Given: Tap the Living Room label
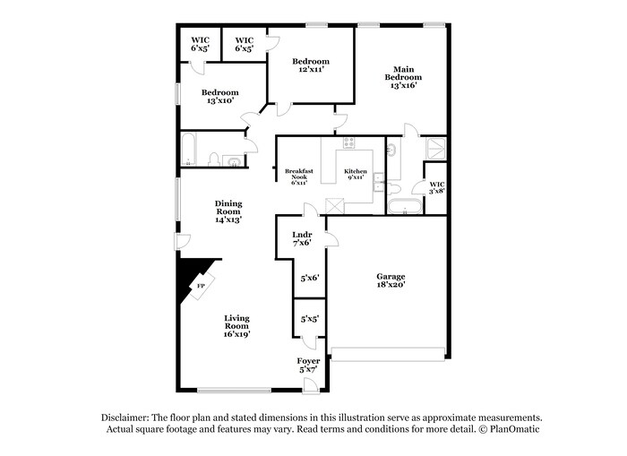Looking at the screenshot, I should pyautogui.click(x=236, y=326).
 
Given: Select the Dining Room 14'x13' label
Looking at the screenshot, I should pyautogui.click(x=228, y=211).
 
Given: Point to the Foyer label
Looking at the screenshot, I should pyautogui.click(x=308, y=365).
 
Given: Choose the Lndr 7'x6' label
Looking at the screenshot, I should pyautogui.click(x=302, y=238).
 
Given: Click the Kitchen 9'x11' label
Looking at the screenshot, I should pyautogui.click(x=356, y=174).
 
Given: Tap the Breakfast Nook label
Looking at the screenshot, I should pyautogui.click(x=296, y=174).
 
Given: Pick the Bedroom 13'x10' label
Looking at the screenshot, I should pyautogui.click(x=219, y=96).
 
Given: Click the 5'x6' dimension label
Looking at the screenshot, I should pyautogui.click(x=309, y=278).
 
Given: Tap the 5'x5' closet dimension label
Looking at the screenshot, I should pyautogui.click(x=309, y=318).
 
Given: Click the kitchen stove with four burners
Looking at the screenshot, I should pyautogui.click(x=348, y=143).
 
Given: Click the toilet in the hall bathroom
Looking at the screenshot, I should pyautogui.click(x=214, y=159).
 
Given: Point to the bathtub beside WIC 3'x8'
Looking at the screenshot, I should pyautogui.click(x=404, y=208).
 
